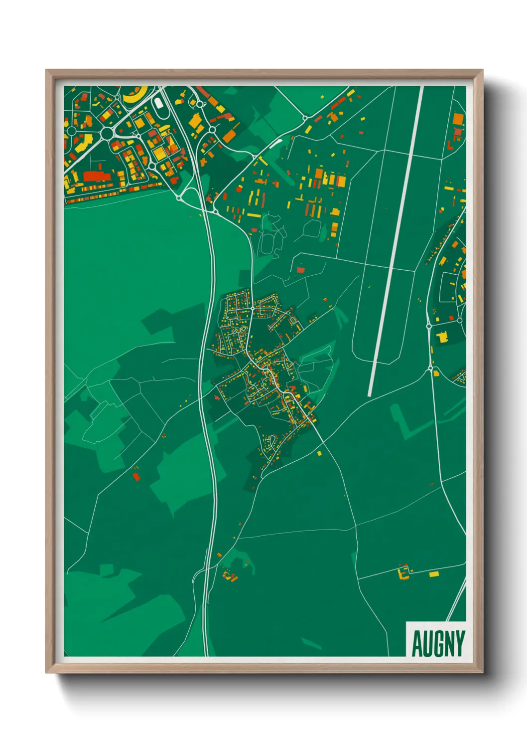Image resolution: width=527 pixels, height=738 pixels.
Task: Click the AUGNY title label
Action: [x=438, y=643]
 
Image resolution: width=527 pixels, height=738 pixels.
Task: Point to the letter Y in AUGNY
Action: [x=460, y=643]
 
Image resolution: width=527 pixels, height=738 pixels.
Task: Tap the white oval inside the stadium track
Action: [x=158, y=103]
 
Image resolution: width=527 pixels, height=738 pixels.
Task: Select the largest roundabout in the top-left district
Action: [x=107, y=134]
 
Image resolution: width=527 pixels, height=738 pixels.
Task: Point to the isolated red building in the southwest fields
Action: [x=135, y=477]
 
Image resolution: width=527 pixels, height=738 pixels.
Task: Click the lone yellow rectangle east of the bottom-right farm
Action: [x=434, y=574]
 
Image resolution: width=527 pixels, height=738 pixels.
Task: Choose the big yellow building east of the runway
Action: [x=442, y=338]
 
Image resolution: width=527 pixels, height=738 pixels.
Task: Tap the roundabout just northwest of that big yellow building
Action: [x=429, y=326]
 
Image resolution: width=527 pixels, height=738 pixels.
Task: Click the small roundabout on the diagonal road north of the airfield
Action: [x=305, y=118]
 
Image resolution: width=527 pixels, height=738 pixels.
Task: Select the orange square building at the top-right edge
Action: [x=458, y=119]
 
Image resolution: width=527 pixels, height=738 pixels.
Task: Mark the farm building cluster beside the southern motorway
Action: [x=230, y=576]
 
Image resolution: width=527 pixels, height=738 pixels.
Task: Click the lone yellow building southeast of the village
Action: [x=319, y=453]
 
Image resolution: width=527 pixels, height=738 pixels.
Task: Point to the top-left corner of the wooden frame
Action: [x=47, y=71]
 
